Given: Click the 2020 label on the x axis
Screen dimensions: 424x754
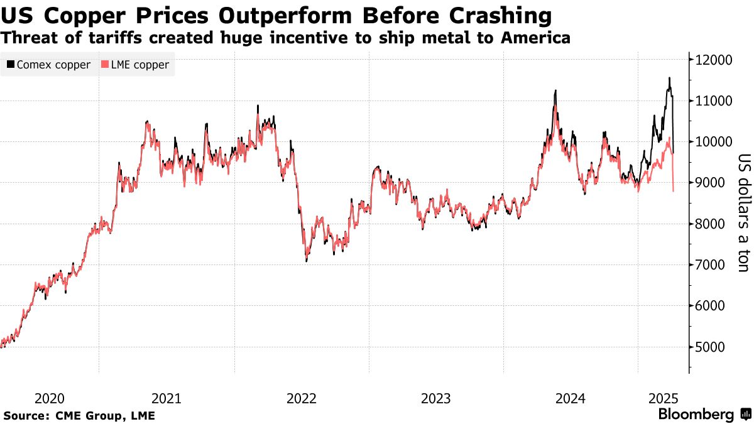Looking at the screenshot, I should [x=50, y=398].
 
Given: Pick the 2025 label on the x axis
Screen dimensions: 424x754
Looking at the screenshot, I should [x=662, y=398].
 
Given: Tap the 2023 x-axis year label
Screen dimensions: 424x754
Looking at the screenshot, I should [x=436, y=398].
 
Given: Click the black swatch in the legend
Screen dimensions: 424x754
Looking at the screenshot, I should [x=11, y=65].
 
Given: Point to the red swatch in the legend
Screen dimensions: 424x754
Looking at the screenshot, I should [x=104, y=65].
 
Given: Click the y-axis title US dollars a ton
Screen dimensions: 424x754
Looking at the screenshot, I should [x=743, y=213].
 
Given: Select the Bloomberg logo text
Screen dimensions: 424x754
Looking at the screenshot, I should [x=696, y=415].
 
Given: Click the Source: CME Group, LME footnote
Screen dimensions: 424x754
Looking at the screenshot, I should [x=79, y=416].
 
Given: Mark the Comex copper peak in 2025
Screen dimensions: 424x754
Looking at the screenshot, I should [x=669, y=78].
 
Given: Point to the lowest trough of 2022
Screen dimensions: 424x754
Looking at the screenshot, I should [x=307, y=260].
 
